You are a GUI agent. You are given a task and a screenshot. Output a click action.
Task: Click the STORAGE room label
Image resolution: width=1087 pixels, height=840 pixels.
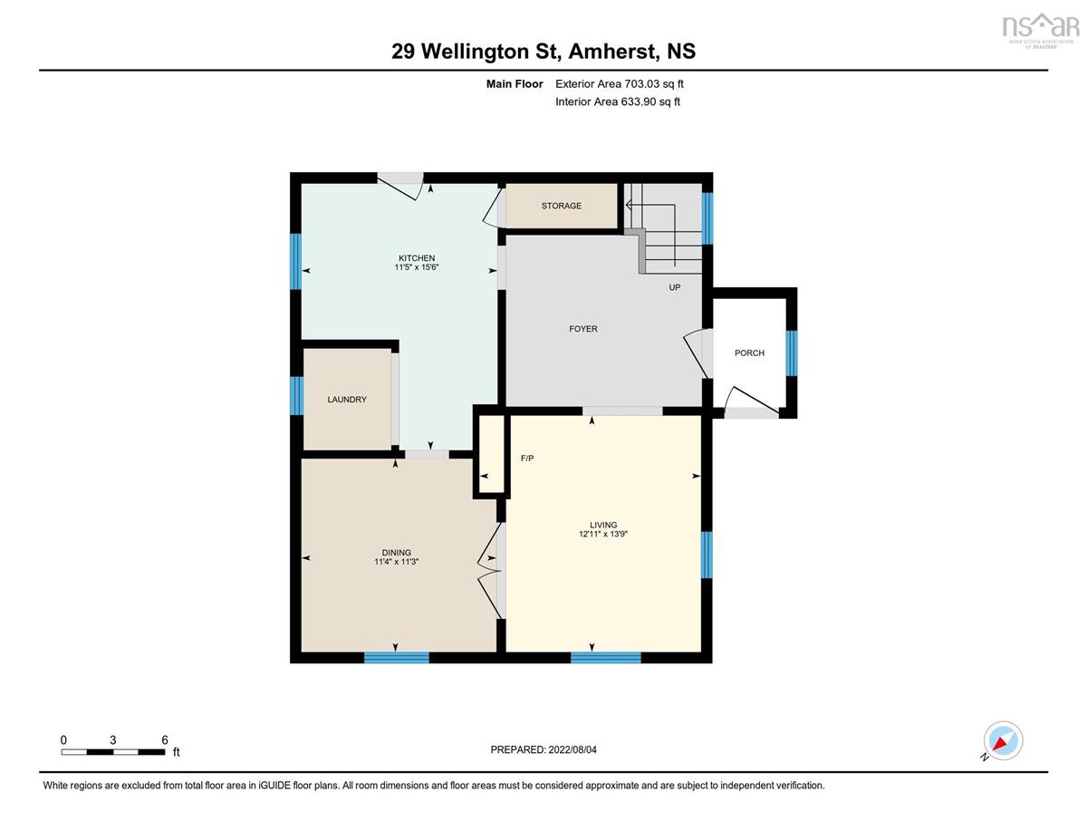tap(562, 206)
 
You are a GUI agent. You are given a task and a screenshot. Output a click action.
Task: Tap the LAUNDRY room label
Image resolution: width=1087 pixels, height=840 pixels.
tap(347, 400)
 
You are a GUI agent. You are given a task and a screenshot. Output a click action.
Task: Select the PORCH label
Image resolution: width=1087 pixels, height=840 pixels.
tap(749, 352)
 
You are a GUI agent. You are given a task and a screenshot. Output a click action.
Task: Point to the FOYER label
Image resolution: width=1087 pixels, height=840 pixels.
tap(583, 329)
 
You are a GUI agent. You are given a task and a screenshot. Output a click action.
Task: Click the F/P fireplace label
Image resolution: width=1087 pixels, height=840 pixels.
tap(527, 459)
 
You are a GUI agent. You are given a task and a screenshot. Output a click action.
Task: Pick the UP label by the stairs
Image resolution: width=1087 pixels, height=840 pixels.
tap(675, 287)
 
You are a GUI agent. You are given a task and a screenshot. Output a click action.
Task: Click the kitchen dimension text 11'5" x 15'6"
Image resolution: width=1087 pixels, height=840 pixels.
tap(416, 267)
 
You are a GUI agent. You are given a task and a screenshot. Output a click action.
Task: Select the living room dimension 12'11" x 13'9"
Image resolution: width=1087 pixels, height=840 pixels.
tap(603, 534)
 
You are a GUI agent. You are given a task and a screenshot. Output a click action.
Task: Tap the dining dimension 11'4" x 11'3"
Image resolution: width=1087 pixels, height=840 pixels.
tap(396, 561)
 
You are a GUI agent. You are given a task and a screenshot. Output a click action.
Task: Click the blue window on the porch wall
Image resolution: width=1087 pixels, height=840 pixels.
tap(792, 353)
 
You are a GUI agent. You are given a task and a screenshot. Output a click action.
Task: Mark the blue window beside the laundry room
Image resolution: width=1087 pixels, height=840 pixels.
tap(296, 396)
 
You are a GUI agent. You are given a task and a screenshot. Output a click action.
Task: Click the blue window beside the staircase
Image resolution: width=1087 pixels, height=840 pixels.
tap(707, 218)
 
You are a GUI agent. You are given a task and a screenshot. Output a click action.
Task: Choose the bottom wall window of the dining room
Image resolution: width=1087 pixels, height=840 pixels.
tap(397, 657)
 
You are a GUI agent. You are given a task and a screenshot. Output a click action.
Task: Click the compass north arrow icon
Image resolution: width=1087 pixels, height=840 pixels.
tap(1000, 742)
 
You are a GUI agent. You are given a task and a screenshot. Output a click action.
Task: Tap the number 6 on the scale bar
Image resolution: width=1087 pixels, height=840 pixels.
tap(165, 739)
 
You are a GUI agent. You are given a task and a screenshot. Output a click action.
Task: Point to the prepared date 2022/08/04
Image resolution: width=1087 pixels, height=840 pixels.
tap(572, 749)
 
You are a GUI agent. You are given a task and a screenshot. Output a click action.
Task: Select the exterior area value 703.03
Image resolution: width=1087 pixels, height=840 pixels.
tap(642, 84)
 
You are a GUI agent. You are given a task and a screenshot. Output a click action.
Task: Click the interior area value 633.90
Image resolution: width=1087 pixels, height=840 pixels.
tap(639, 101)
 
